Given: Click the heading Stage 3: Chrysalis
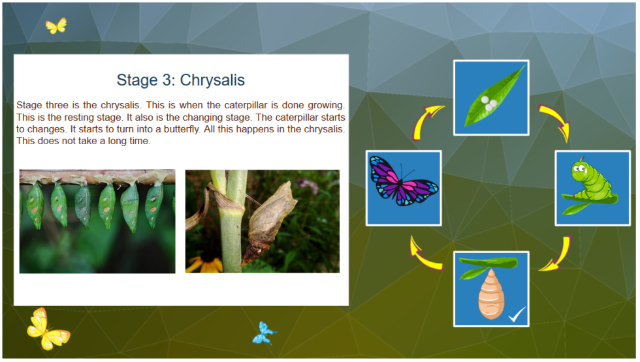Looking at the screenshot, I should point(180,80).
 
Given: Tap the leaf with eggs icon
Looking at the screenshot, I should point(491,98).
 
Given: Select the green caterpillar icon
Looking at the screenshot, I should point(592,188).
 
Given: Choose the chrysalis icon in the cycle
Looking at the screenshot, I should point(491,289).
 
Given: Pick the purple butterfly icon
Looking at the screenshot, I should point(404,188).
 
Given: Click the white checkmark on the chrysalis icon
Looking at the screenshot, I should point(517,316).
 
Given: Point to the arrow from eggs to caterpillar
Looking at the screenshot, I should point(555,122).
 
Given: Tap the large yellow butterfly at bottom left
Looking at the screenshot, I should point(46,329).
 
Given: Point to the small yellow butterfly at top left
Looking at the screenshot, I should point(56,26).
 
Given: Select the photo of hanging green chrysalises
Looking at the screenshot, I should point(97,221).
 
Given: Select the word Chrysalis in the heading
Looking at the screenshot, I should point(212,80).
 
